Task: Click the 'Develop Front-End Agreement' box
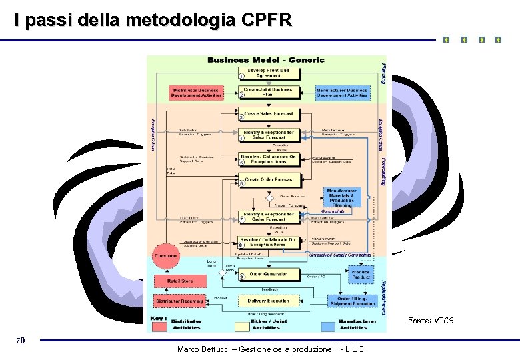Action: (x=268, y=73)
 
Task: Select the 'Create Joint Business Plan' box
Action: (x=268, y=92)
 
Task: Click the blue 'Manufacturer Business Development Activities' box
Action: (x=341, y=93)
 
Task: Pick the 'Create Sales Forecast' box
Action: (x=268, y=114)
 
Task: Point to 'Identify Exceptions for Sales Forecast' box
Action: (x=268, y=135)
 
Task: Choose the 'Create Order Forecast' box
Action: (x=268, y=179)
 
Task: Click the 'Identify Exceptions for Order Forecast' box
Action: (x=268, y=217)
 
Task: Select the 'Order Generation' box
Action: (x=268, y=274)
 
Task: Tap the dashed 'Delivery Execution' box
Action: (x=268, y=301)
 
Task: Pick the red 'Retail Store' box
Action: (x=180, y=281)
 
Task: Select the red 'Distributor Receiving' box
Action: (x=180, y=301)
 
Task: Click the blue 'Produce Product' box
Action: (x=360, y=274)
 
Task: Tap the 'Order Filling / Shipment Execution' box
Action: (x=353, y=301)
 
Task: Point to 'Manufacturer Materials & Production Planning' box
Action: (x=343, y=197)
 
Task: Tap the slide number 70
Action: (x=21, y=341)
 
